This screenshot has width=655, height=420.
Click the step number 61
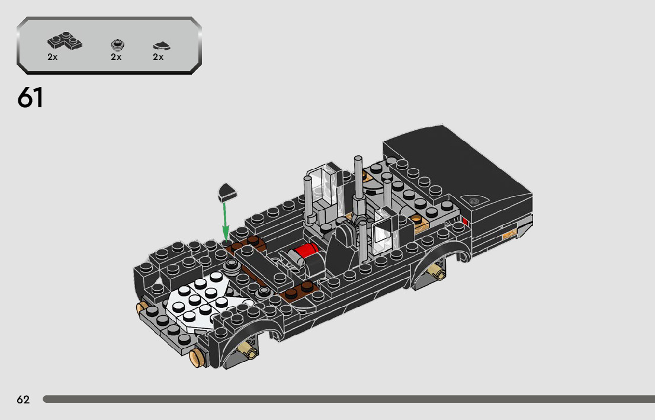(30, 98)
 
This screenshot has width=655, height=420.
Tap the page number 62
(24, 400)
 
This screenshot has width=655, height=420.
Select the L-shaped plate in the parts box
(65, 41)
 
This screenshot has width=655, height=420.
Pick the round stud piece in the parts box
(118, 44)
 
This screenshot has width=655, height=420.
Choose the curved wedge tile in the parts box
(162, 46)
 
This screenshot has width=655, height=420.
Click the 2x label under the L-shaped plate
(52, 57)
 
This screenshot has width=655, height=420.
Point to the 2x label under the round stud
(116, 57)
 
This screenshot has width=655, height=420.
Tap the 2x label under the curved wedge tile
(158, 57)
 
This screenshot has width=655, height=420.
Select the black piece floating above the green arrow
(227, 192)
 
